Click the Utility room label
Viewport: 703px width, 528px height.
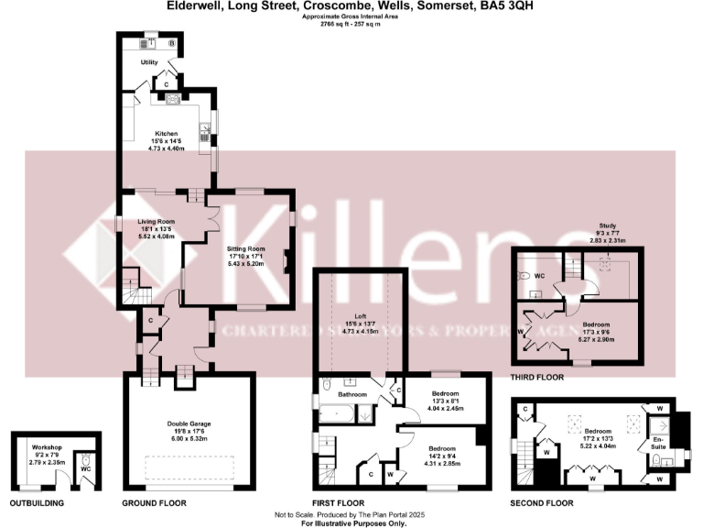(148, 62)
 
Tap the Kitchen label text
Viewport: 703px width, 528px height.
(166, 133)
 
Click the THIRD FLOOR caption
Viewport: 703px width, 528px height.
(538, 376)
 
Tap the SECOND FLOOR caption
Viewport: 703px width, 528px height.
(542, 503)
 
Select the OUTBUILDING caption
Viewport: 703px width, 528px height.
(40, 503)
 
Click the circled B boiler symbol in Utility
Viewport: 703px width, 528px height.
(171, 42)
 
